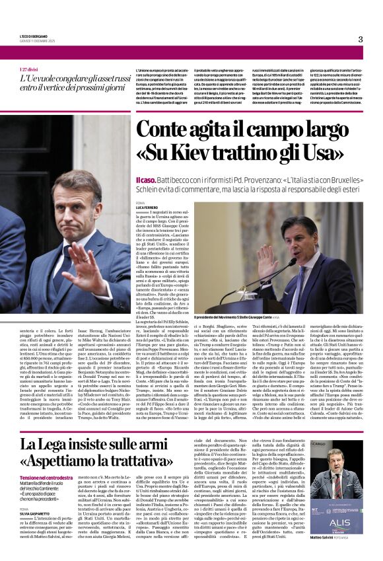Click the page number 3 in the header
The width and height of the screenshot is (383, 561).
click(x=361, y=39)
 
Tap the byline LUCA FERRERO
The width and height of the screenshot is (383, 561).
click(x=147, y=207)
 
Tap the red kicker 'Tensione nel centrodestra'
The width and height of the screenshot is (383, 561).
click(x=46, y=477)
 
